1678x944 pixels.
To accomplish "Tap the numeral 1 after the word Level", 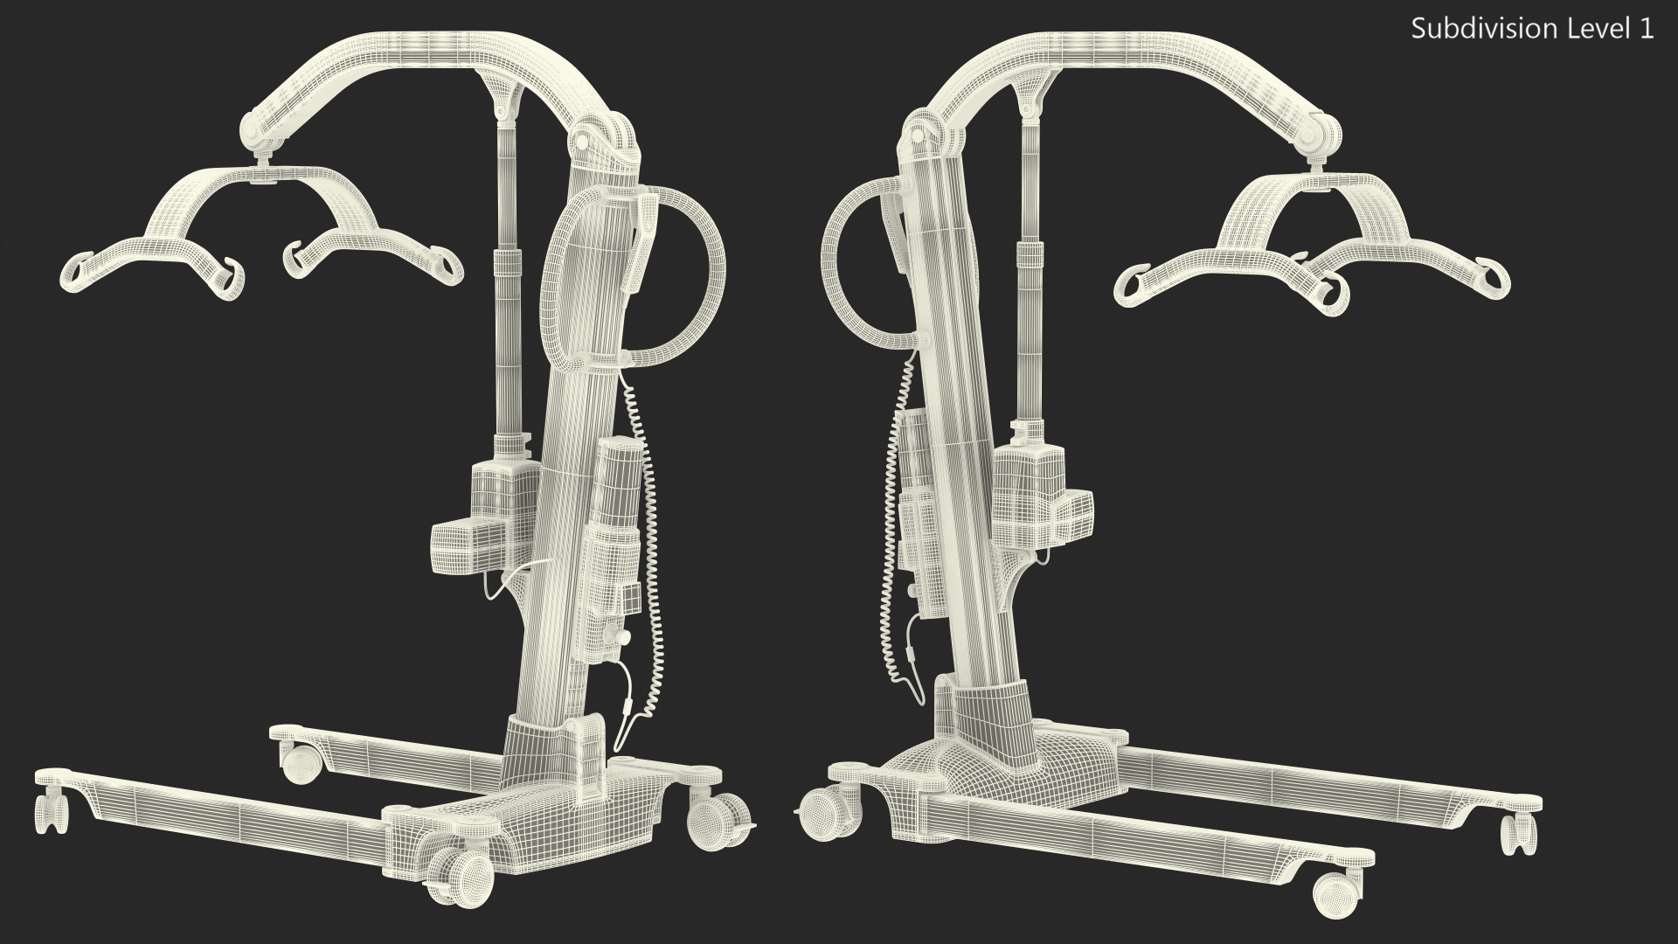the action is click(1647, 29).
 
